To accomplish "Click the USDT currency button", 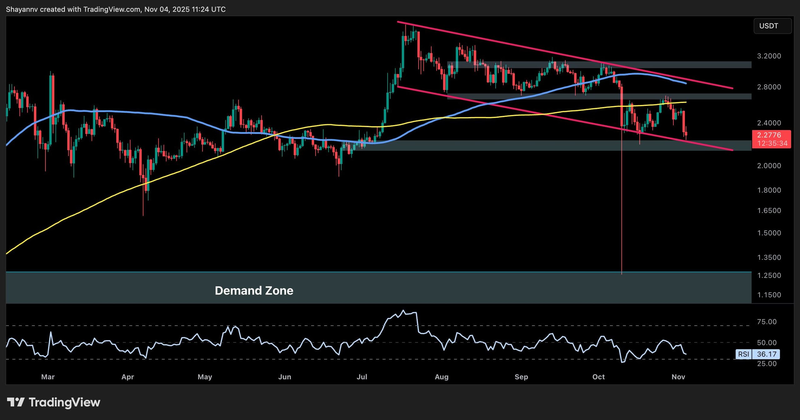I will [772, 26].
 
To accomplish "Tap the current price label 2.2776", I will [769, 135].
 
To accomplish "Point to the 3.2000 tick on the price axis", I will [769, 56].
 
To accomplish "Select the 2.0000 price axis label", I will [769, 166].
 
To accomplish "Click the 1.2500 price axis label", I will [769, 275].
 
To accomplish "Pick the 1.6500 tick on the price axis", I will [769, 210].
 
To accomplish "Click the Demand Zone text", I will [254, 291].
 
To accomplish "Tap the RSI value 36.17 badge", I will [767, 354].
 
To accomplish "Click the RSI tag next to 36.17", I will [743, 354].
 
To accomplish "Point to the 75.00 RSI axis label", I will [767, 322].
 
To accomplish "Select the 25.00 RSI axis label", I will [767, 363].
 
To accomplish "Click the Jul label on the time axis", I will [362, 377].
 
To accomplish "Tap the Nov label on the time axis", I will [678, 377].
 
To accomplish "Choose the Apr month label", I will [127, 377].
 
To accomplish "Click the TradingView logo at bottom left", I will [53, 402].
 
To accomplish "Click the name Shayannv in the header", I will [22, 9].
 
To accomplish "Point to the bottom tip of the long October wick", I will [622, 274].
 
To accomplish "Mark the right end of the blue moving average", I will [686, 83].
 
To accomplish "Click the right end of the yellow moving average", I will [686, 102].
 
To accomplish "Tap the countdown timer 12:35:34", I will [772, 143].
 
